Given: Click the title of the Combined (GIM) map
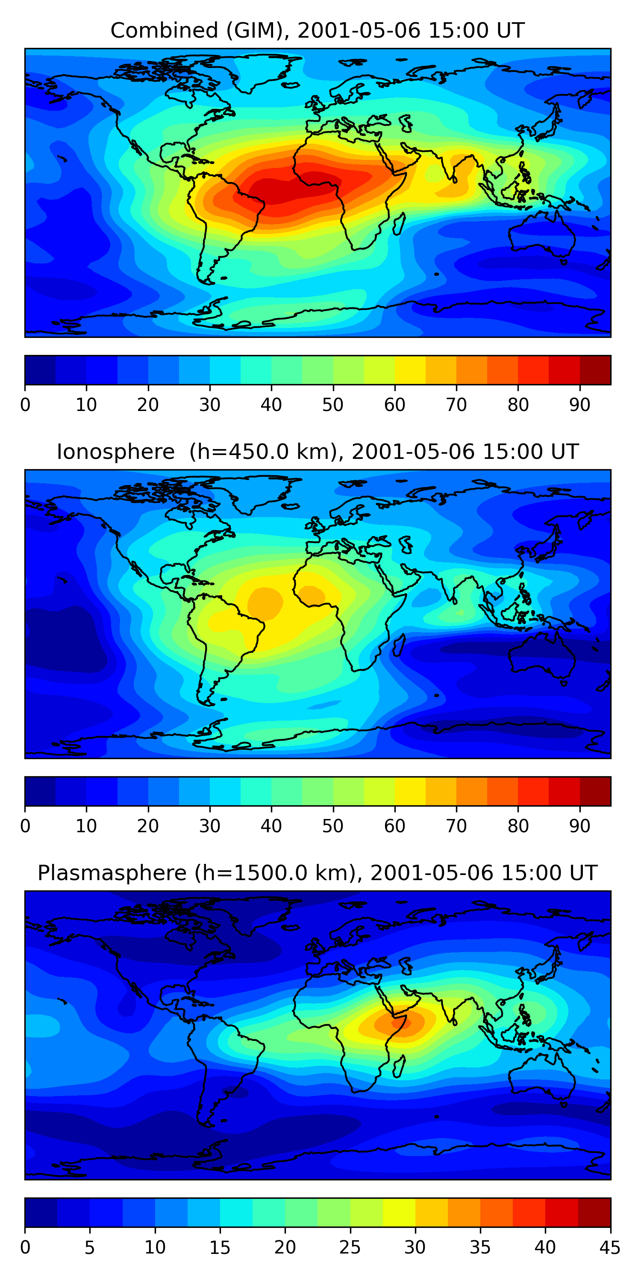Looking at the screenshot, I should (x=317, y=30).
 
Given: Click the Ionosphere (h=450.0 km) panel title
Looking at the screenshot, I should (x=317, y=452).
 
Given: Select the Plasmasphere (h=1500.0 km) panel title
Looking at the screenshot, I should (x=317, y=873).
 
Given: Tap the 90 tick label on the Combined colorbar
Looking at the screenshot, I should (x=579, y=405).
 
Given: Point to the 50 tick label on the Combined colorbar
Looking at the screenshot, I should (x=332, y=405).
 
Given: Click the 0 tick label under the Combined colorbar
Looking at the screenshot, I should (x=25, y=405).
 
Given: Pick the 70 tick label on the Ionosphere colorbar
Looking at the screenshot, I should (x=456, y=826).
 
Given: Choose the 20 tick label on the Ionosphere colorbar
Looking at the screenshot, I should (x=148, y=826).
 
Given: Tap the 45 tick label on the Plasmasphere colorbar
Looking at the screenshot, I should (x=610, y=1248).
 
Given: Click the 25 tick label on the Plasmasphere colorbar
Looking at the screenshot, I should (x=350, y=1248).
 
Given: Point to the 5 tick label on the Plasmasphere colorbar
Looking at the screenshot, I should (x=90, y=1248).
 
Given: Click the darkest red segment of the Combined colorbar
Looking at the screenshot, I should (x=595, y=370).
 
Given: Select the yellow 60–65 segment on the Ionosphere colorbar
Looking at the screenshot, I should (x=410, y=792).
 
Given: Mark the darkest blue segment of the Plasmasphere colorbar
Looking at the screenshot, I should (x=41, y=1213).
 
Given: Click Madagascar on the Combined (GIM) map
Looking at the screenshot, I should (x=399, y=224).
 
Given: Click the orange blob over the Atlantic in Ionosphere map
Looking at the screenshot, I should (x=265, y=603).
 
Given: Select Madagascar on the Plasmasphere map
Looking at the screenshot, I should (x=399, y=1067).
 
